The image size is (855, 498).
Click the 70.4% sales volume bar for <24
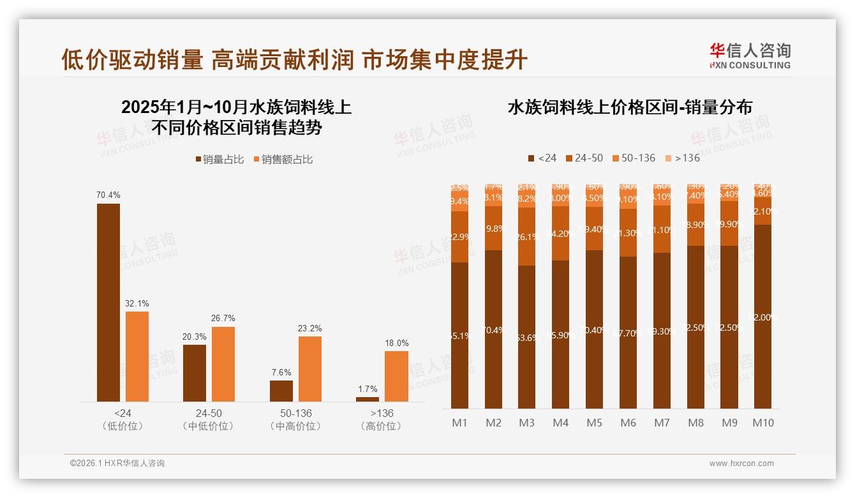(x=108, y=303)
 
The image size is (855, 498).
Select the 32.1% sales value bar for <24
(x=137, y=356)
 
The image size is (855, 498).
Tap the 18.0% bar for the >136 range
(x=396, y=376)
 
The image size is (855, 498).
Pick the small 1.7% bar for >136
(x=367, y=399)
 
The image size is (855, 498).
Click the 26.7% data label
(x=223, y=318)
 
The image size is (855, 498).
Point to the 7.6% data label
(x=281, y=372)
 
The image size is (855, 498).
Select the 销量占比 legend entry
(x=220, y=160)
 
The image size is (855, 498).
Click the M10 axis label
(x=763, y=423)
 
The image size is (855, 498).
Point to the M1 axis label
(x=460, y=423)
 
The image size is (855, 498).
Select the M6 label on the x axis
(x=628, y=423)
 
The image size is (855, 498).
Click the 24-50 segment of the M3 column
(x=526, y=236)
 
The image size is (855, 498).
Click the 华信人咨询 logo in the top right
(x=750, y=55)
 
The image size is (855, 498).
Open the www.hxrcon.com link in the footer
(x=741, y=464)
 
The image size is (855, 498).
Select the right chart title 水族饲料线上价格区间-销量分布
(x=630, y=107)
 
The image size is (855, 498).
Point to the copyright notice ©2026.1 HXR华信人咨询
(x=117, y=464)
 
